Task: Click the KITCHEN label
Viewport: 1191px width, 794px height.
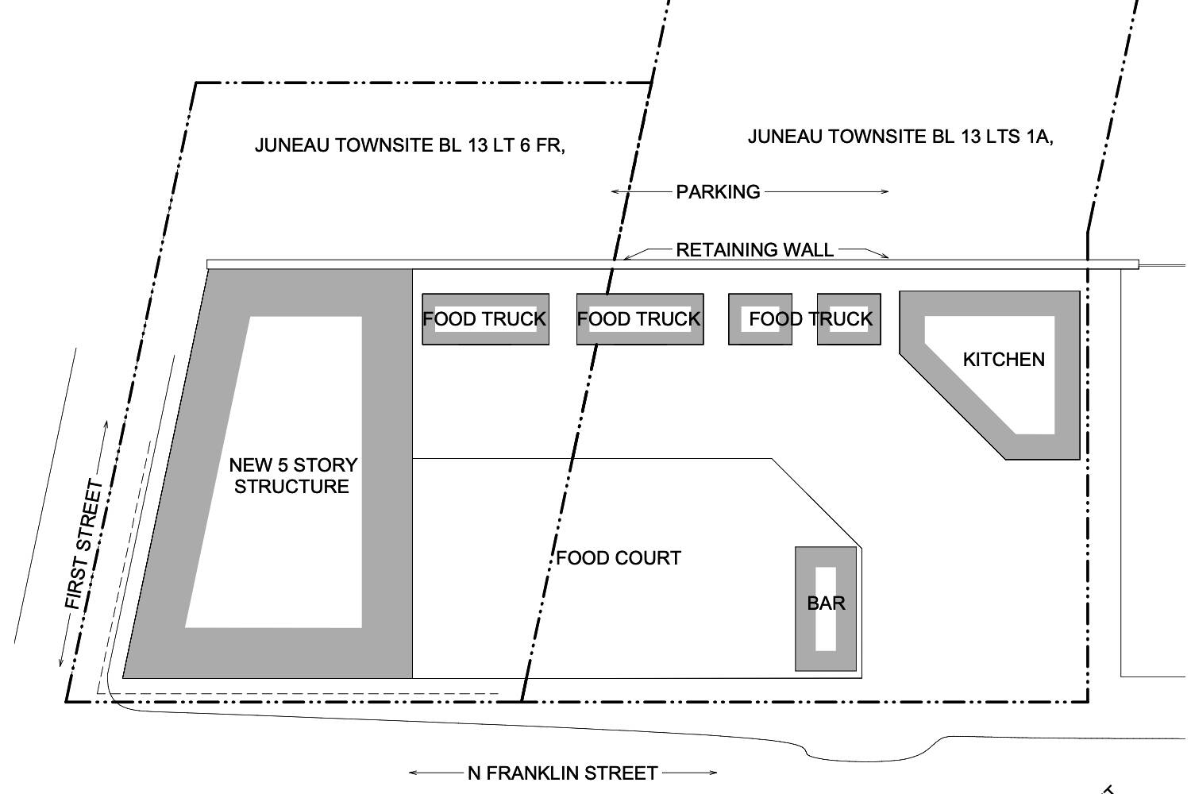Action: [1004, 360]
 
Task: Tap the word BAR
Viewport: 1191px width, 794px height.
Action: [826, 603]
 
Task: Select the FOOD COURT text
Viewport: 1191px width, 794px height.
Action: [619, 558]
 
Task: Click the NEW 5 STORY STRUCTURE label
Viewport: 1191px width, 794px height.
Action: [293, 476]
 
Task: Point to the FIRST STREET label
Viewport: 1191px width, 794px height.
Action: [84, 545]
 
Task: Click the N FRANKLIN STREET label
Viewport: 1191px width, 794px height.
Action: [562, 773]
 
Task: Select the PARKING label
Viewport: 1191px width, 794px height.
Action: [718, 191]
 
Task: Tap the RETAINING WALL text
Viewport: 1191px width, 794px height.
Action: [754, 249]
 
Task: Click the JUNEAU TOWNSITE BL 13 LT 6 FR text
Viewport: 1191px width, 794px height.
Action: [410, 145]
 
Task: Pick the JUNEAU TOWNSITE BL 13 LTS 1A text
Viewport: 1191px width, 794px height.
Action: [900, 137]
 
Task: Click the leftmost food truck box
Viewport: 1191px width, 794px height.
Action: [485, 319]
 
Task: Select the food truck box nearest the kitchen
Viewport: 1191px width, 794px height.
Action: [849, 319]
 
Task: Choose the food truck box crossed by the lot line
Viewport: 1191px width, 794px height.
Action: [640, 319]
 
